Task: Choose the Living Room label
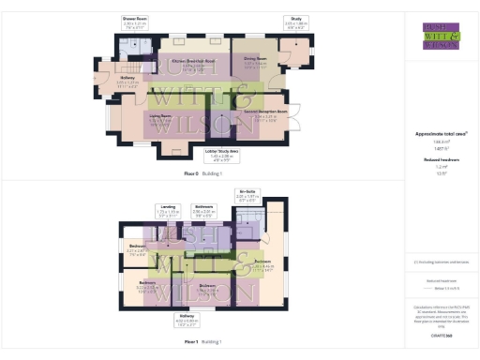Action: (x=163, y=119)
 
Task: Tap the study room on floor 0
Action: (x=293, y=54)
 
